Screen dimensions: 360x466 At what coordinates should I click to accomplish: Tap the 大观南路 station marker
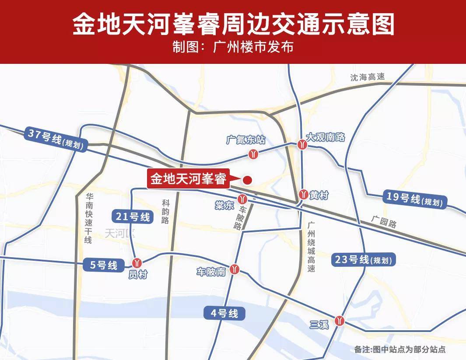(x=302, y=144)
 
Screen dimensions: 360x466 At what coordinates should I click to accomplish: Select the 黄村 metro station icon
(x=303, y=194)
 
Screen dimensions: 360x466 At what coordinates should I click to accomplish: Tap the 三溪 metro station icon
(x=339, y=321)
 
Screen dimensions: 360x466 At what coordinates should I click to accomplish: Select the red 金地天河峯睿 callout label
(x=188, y=179)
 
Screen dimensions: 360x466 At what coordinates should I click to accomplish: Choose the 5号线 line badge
(x=101, y=265)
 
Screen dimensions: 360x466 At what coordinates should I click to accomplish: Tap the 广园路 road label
(x=383, y=221)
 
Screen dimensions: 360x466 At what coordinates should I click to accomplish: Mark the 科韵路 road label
(x=165, y=211)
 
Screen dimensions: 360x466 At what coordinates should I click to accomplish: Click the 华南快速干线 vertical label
(x=88, y=219)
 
